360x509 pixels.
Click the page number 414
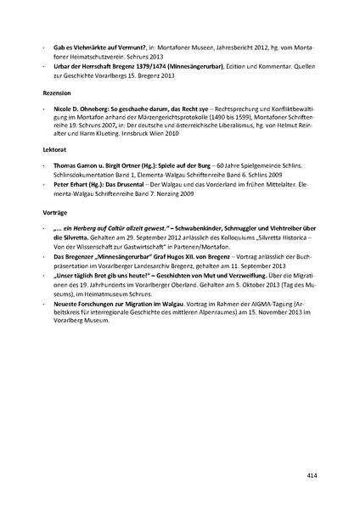click(x=312, y=477)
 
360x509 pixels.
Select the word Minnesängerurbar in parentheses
click(x=200, y=64)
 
